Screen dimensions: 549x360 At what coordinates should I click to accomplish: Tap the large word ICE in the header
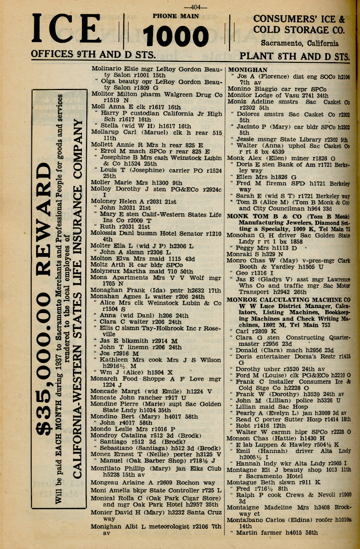[67, 29]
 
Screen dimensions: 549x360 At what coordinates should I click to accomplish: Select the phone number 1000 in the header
[176, 36]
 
